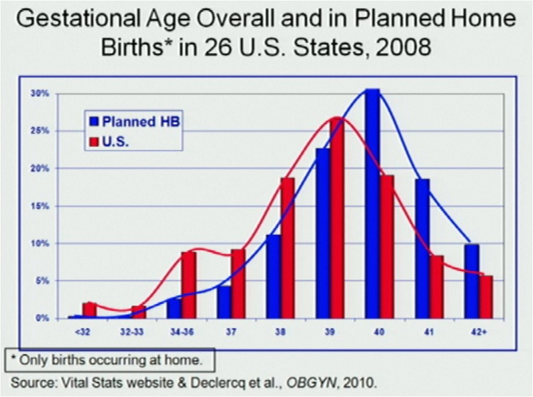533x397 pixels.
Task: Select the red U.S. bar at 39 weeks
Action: [338, 218]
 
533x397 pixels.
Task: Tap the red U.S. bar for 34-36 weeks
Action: [188, 285]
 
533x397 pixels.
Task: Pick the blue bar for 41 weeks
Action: [422, 249]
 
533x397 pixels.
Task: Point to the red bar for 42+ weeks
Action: [486, 297]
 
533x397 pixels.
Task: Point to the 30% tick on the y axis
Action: [40, 94]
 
